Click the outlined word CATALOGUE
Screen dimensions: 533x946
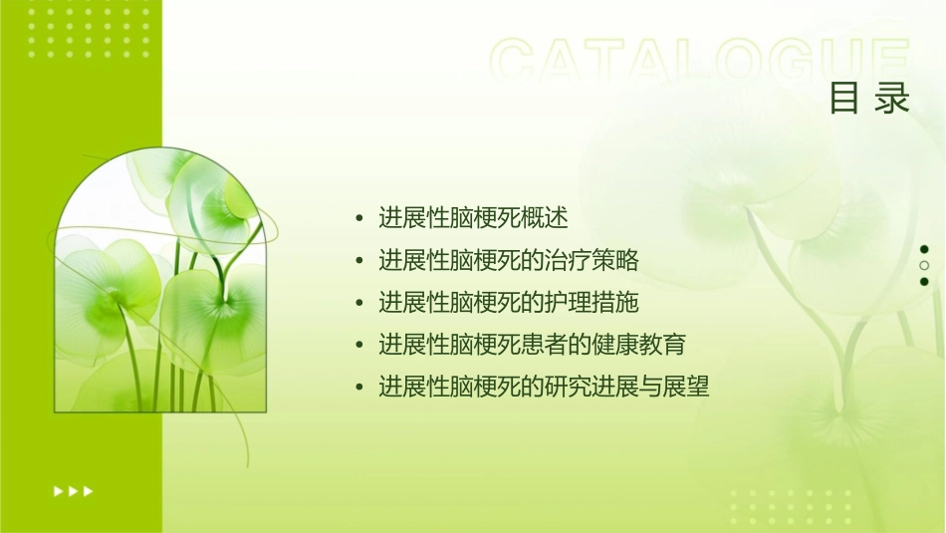coord(700,62)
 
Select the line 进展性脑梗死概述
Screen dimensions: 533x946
coord(473,217)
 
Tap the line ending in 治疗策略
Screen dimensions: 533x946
coord(508,260)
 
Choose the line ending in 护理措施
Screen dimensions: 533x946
coord(508,302)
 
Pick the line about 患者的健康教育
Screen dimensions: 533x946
coord(532,345)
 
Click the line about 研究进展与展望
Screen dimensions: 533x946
coord(544,387)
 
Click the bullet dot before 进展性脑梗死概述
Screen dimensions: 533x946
coord(359,218)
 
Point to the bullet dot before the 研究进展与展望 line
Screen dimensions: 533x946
coord(359,388)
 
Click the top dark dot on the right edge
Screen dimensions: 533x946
coord(924,249)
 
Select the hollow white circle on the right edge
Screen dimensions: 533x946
coord(924,265)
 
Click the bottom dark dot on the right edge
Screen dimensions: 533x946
coord(924,282)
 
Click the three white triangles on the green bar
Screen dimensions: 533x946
coord(73,490)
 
